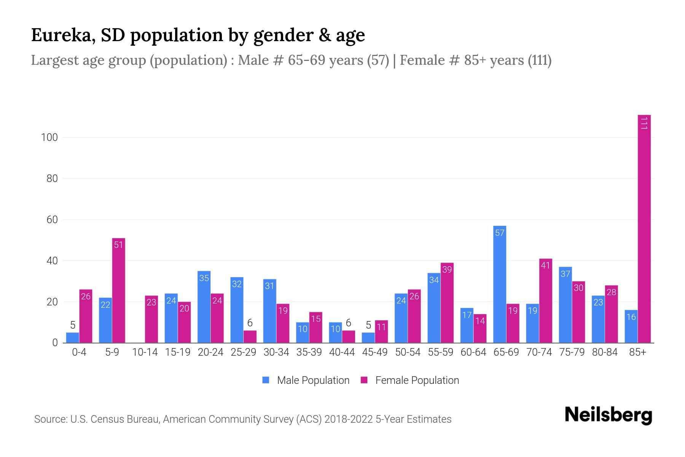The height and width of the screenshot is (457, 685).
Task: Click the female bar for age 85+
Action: pos(644,228)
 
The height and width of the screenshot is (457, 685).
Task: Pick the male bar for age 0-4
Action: pos(72,338)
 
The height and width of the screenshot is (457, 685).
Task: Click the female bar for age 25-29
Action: pos(250,337)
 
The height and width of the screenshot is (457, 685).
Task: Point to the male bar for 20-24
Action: pos(204,307)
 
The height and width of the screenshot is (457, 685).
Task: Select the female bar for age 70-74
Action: pos(545,301)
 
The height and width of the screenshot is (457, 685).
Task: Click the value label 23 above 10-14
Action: pos(151,303)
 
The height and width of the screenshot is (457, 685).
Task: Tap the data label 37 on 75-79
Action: pos(565,274)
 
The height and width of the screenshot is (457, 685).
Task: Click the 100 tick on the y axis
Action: pos(49,137)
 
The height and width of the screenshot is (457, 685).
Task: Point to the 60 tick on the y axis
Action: pos(52,220)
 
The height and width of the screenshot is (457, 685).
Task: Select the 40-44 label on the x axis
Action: pos(342,352)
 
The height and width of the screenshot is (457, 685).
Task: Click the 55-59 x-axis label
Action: pos(440,352)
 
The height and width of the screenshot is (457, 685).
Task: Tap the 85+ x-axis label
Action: pos(637,352)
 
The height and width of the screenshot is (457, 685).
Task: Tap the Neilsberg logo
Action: pos(608,415)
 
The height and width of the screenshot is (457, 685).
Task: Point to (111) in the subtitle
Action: pos(539,60)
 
